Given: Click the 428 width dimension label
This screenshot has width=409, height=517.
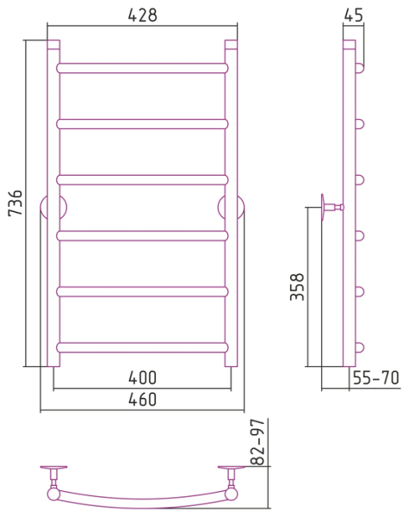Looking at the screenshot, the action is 142,16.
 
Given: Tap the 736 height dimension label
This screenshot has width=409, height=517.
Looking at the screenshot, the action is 15,202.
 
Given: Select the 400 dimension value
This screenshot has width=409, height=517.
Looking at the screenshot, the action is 142,378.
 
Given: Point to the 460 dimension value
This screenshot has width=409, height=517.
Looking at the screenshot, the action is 142,399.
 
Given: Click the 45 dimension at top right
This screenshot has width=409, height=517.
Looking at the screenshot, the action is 353,16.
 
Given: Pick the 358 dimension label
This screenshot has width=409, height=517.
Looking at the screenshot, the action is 297,287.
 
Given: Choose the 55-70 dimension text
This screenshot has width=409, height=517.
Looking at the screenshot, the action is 376,378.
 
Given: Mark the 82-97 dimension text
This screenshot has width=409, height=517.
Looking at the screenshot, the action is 257,442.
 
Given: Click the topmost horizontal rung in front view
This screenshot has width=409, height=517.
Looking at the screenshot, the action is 142,68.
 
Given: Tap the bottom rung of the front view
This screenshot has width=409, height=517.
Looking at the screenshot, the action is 142,347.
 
